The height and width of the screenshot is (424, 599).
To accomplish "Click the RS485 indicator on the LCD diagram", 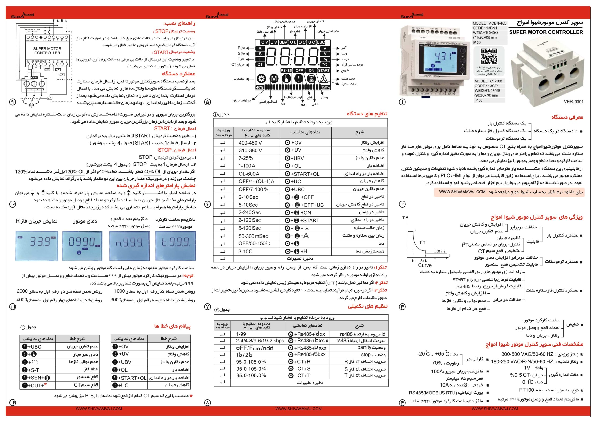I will tap(286, 71).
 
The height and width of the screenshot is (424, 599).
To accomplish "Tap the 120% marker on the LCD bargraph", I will tap(325, 87).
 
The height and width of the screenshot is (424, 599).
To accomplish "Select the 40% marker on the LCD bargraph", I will tap(259, 87).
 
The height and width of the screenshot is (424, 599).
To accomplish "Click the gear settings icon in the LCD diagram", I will tap(261, 79).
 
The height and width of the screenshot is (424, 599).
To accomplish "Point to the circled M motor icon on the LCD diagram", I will tap(274, 79).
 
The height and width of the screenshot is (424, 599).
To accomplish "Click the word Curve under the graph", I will tap(425, 265).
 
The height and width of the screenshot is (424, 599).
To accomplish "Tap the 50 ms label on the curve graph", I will tap(441, 251).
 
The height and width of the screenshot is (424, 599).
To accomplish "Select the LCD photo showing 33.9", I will tap(37, 245).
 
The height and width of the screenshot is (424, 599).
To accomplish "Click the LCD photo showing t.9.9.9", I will tap(175, 245).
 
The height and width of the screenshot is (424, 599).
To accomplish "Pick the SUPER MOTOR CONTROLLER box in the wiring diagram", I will tap(47, 51).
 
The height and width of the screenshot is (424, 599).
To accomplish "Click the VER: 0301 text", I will tap(573, 102).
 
